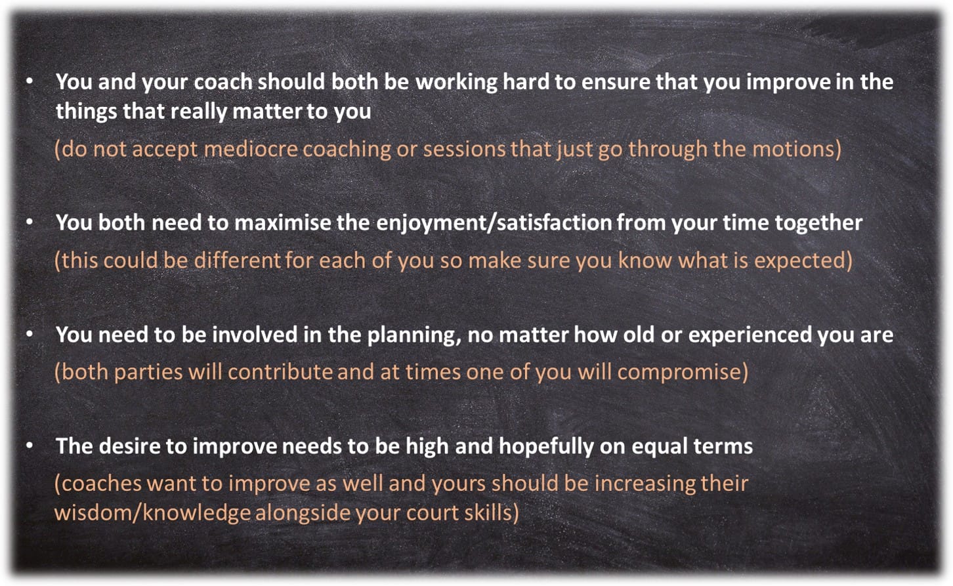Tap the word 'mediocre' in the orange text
251,149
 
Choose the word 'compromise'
679,373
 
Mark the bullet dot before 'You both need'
30,222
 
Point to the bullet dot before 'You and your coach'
30,81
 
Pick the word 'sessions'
463,149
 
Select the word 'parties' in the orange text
148,373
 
